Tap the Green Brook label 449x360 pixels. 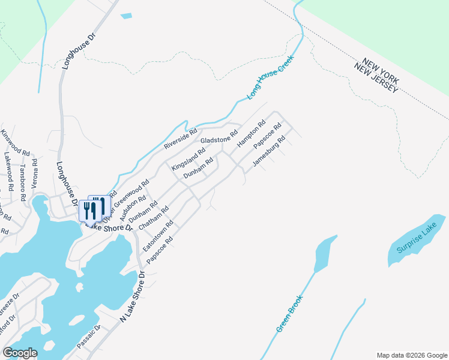[x=290, y=313]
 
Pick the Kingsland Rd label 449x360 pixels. [x=188, y=158]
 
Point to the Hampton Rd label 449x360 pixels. [x=251, y=134]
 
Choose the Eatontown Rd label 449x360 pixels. [x=158, y=236]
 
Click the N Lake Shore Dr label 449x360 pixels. [x=133, y=298]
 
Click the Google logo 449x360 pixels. [x=20, y=352]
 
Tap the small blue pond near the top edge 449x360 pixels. [x=126, y=16]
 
